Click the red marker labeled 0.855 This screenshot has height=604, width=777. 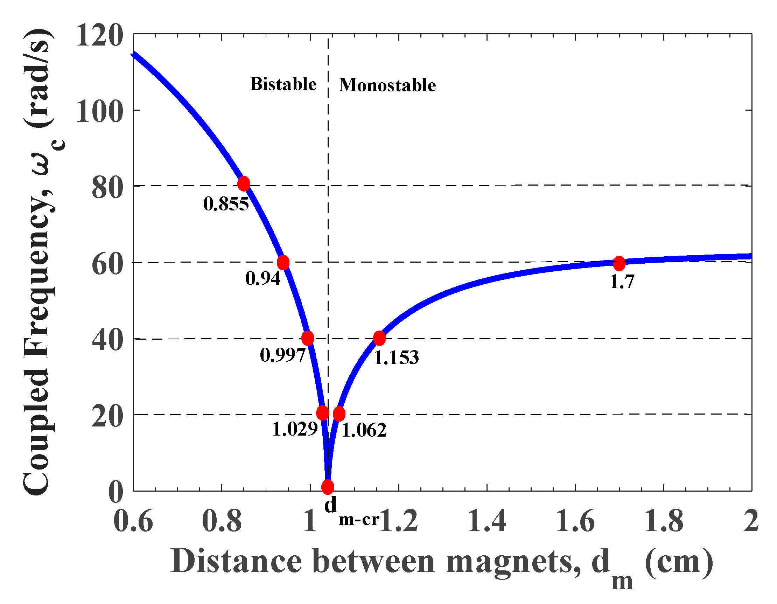(244, 184)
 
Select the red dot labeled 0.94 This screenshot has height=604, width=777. (283, 262)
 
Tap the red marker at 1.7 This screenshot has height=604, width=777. (619, 263)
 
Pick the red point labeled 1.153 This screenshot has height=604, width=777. (380, 338)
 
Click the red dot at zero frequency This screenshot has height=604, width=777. (328, 487)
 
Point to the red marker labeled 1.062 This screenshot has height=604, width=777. (339, 414)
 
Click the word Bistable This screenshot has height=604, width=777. (283, 84)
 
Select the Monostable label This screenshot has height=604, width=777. (387, 85)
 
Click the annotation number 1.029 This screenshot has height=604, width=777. (295, 429)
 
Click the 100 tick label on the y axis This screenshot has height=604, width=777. (100, 111)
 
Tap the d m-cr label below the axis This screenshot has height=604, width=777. (350, 513)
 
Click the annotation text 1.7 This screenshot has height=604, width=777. (622, 282)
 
